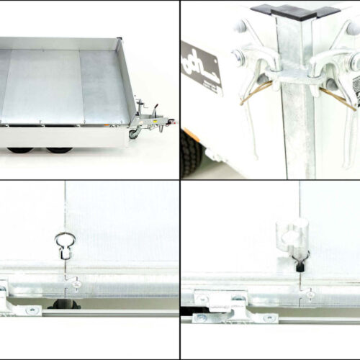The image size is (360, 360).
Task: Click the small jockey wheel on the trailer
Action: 133,134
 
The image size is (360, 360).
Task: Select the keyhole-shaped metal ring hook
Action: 63,244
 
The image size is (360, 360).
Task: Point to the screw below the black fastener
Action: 308,293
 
